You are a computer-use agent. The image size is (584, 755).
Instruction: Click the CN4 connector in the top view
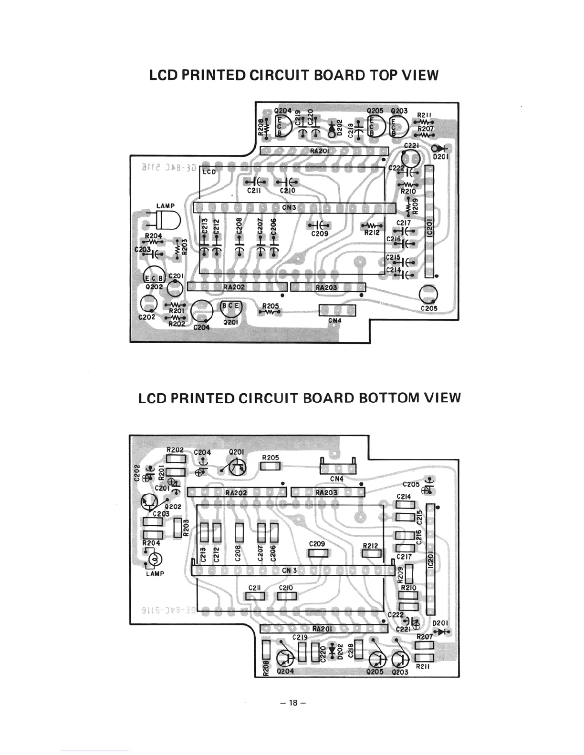click(x=337, y=310)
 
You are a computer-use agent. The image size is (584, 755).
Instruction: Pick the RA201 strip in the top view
click(x=324, y=151)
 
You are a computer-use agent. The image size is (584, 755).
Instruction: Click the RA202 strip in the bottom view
click(x=237, y=492)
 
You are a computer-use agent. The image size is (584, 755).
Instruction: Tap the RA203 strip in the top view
click(x=328, y=287)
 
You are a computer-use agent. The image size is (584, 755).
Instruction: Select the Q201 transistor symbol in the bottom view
click(x=238, y=468)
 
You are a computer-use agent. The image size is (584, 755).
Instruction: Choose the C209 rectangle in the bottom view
click(x=318, y=553)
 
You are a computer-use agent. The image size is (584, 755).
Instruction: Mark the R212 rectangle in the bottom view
click(x=371, y=553)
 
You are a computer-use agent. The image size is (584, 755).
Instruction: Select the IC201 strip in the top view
click(x=429, y=222)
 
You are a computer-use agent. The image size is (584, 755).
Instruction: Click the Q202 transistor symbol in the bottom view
click(x=150, y=501)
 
